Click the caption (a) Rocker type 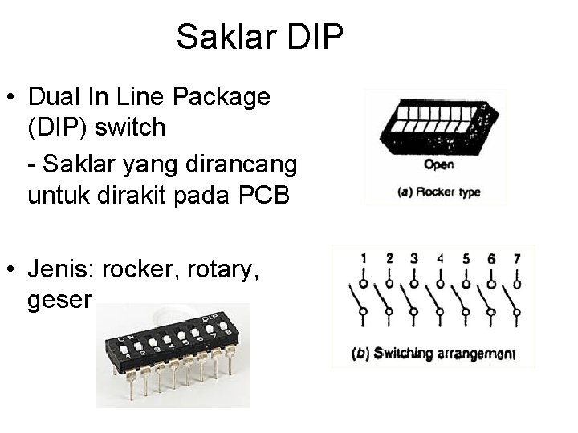[x=438, y=192]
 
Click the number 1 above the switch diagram [x=364, y=258]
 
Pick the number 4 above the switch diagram [x=440, y=258]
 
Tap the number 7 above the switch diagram [x=516, y=258]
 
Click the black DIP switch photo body [x=173, y=345]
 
